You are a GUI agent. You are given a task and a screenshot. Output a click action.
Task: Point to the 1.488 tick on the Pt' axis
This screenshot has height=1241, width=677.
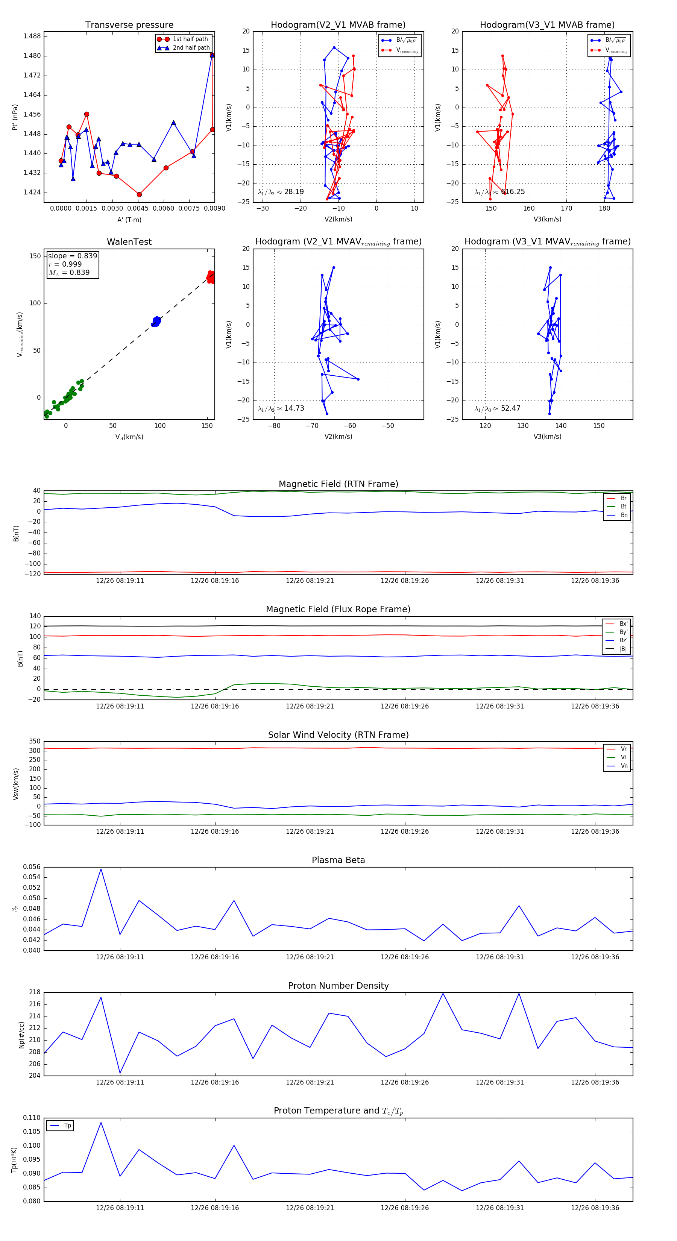[32, 36]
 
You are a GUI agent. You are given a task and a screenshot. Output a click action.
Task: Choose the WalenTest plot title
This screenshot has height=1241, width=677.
[129, 242]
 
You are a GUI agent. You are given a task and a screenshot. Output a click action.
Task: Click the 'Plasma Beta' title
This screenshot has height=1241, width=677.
[338, 860]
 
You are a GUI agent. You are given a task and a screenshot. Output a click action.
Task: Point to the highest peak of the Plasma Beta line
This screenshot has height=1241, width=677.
[101, 869]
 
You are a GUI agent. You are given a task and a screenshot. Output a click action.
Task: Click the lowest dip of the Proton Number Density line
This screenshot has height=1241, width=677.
[120, 1073]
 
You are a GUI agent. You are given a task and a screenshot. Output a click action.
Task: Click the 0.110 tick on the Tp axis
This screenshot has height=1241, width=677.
[32, 1118]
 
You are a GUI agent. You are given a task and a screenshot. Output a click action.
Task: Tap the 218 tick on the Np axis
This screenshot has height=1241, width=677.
[35, 992]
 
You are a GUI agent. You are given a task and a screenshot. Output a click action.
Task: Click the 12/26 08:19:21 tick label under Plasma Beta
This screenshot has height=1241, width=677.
[310, 957]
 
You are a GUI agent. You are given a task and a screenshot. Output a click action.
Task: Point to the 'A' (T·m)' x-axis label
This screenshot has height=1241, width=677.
[129, 220]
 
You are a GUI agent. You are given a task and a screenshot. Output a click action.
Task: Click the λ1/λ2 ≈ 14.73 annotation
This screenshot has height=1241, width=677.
[281, 408]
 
